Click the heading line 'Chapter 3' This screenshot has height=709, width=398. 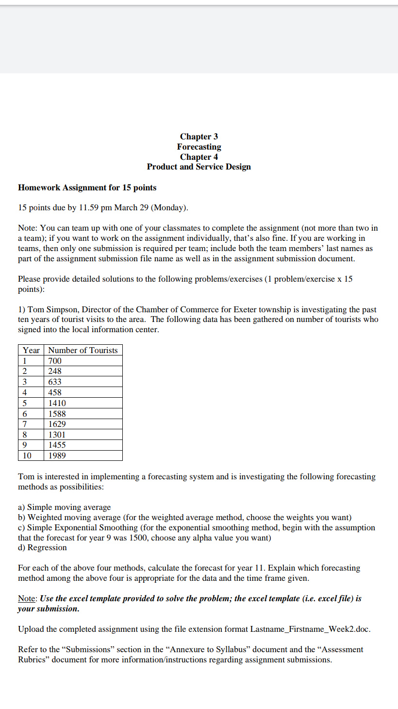199,136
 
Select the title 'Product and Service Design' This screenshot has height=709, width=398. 199,167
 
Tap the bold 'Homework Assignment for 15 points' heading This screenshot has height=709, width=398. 87,187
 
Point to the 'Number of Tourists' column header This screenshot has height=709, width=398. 83,350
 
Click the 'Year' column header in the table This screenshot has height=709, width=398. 31,350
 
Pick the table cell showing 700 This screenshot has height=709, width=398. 55,361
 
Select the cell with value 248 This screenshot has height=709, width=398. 55,371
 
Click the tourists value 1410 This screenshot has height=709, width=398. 57,403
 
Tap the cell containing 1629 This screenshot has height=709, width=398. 57,424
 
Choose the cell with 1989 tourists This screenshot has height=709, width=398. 57,456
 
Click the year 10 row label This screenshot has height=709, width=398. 27,456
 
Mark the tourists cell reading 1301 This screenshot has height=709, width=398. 57,435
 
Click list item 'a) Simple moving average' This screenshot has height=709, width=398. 64,507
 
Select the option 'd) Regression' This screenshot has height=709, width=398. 42,547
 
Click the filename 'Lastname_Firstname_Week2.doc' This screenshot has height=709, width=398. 310,629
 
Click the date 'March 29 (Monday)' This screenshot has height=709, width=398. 150,208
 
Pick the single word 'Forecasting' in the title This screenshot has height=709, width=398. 199,147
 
